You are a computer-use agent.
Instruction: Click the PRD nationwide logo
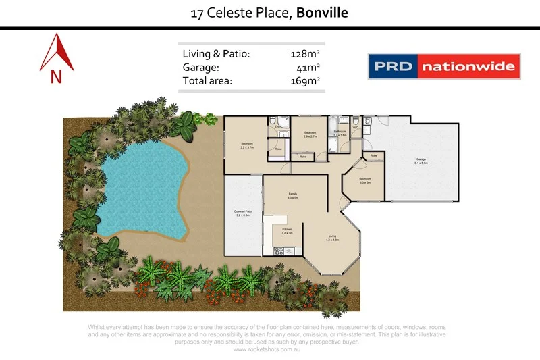pyautogui.click(x=444, y=66)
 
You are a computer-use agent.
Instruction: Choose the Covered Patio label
pyautogui.click(x=243, y=213)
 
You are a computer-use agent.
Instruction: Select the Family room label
pyautogui.click(x=293, y=195)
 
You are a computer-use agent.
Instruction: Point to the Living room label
pyautogui.click(x=332, y=237)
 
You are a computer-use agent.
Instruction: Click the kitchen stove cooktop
pyautogui.click(x=279, y=251)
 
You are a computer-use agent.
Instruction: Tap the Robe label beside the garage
pyautogui.click(x=374, y=157)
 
